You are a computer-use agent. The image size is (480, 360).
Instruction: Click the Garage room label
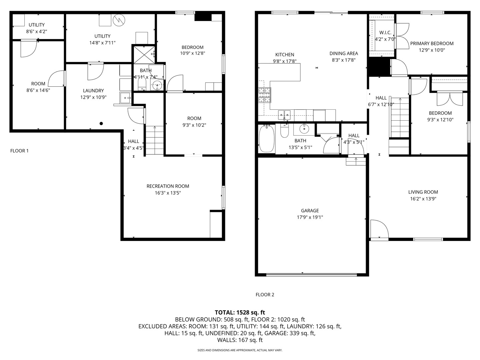[310, 211]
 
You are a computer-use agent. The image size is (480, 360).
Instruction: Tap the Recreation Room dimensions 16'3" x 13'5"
[168, 193]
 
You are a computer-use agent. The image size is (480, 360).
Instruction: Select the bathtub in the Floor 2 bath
[266, 138]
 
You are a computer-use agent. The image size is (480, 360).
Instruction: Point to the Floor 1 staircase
[154, 140]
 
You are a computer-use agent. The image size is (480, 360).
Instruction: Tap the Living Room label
[423, 192]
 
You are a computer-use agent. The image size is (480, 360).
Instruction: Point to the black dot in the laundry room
[101, 123]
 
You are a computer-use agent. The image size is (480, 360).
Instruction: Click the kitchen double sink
[284, 115]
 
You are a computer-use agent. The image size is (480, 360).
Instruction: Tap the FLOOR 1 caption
[19, 151]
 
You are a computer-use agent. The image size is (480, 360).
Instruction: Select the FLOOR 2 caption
[265, 295]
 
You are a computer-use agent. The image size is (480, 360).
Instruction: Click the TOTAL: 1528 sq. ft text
[240, 312]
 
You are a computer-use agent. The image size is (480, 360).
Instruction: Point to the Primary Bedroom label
[432, 43]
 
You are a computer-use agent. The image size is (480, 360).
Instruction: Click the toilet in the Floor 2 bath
[284, 131]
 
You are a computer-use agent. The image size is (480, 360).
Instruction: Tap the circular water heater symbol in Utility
[118, 20]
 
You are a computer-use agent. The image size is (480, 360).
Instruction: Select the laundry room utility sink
[125, 98]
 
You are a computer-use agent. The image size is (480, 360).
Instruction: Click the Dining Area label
[344, 53]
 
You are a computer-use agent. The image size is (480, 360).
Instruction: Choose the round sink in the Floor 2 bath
[304, 128]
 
